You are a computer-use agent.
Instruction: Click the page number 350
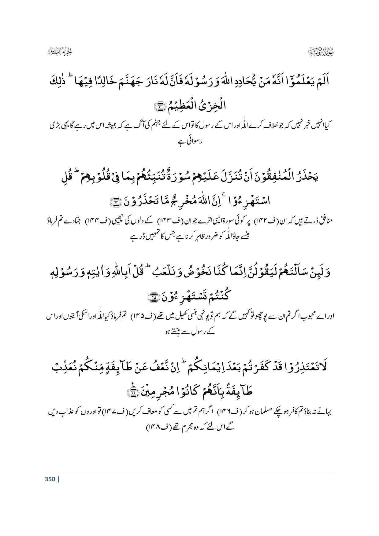[x=50, y=479]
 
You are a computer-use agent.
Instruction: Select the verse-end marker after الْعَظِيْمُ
[x=159, y=106]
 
